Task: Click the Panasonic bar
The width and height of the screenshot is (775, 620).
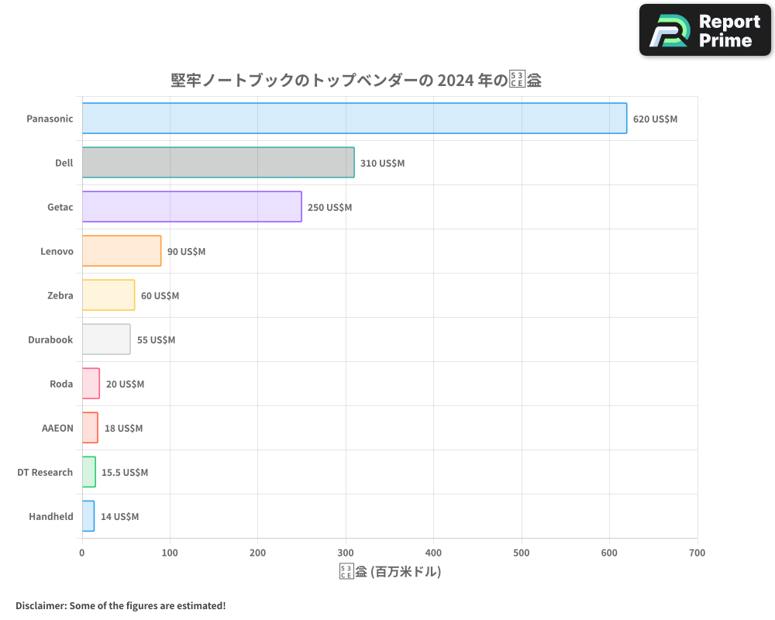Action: [x=354, y=119]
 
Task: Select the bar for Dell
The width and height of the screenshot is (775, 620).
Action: [x=218, y=163]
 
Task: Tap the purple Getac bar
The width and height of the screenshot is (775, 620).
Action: [x=191, y=207]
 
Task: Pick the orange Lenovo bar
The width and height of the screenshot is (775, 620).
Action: [x=122, y=251]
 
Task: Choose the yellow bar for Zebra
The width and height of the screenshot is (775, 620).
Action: [x=108, y=295]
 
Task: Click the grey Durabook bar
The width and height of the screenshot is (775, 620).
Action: [x=106, y=339]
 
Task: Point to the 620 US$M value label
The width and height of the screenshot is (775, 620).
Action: [x=655, y=119]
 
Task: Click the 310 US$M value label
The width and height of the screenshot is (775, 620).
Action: [x=382, y=164]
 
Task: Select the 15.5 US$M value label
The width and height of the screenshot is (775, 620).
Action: [x=125, y=473]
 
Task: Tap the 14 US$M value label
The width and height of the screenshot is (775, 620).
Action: [x=119, y=517]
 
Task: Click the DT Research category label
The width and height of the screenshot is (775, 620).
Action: [x=45, y=473]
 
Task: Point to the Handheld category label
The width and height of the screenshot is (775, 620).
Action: [x=51, y=517]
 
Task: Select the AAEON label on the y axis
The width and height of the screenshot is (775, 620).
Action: [x=57, y=429]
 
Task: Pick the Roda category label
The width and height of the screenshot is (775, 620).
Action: [x=61, y=384]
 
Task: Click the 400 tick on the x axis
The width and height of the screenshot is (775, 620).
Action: [x=433, y=553]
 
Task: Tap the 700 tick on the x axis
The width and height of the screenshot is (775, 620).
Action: [x=697, y=553]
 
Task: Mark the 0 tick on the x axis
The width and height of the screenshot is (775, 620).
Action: [x=82, y=553]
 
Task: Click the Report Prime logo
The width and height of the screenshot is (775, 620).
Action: [x=704, y=30]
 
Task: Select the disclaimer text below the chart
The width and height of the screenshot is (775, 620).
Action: [x=120, y=605]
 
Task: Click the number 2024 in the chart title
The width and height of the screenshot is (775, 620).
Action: [x=456, y=81]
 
